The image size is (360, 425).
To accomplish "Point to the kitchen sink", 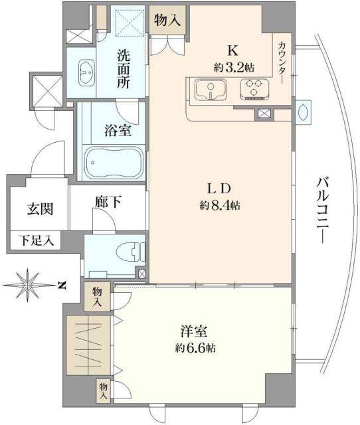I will (x=211, y=90).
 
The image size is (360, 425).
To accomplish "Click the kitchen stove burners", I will (x=253, y=89).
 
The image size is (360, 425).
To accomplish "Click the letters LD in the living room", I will (x=220, y=187).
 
